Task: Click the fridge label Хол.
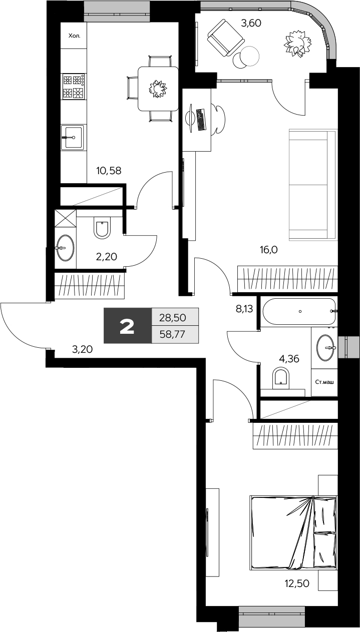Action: pos(75,36)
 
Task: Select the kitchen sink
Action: pos(73,138)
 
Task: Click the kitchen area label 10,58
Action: pos(109,171)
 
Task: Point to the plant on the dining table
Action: pos(158,89)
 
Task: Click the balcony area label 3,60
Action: pos(251,23)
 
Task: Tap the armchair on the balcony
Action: pos(225,38)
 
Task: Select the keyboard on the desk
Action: pos(200,120)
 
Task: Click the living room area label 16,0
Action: pos(268,249)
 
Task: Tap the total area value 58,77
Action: pos(172,335)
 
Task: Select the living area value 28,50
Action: pos(173,318)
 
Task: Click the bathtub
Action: pos(299,311)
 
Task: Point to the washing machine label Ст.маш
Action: pos(324,382)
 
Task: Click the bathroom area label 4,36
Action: pos(289,359)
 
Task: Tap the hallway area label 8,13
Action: pos(244,309)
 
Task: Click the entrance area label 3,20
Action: pos(83,350)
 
